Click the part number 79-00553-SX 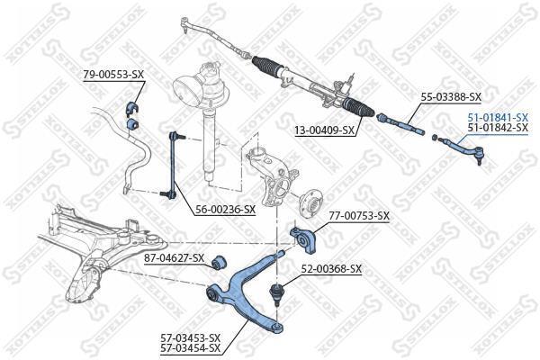113,75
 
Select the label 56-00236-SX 226,209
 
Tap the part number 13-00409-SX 324,130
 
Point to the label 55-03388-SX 451,97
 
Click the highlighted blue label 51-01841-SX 498,118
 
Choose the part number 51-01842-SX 498,128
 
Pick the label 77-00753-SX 359,216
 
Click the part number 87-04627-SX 174,257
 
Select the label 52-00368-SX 331,269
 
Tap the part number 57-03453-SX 191,337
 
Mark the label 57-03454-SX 191,348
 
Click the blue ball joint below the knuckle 277,292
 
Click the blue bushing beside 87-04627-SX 219,263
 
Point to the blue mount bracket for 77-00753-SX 305,239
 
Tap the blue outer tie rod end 461,150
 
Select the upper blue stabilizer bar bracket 132,106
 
